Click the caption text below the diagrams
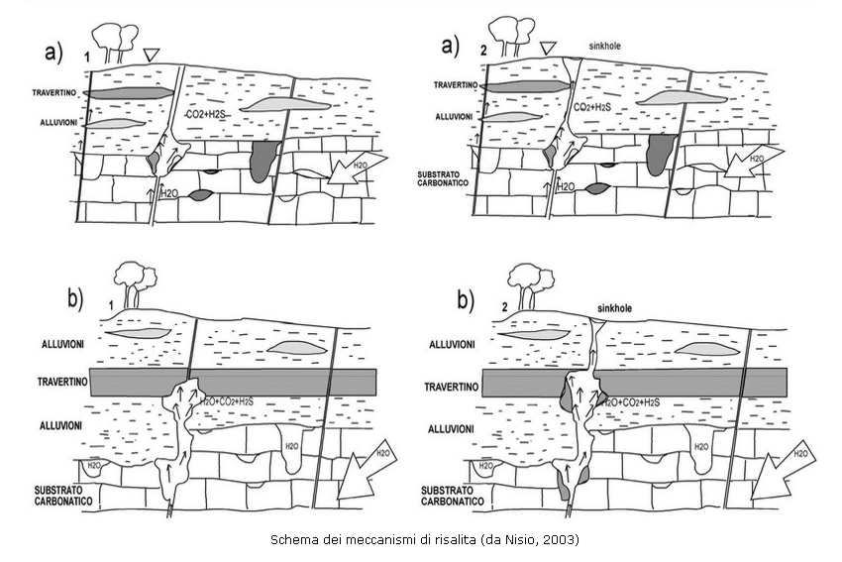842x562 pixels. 423,540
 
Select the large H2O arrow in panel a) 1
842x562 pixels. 354,170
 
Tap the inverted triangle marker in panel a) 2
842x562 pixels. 550,48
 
